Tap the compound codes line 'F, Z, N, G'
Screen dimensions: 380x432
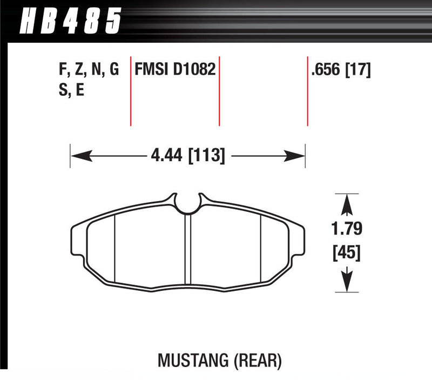click(x=87, y=70)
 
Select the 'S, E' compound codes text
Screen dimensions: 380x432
click(x=70, y=90)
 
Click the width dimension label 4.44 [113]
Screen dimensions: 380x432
click(x=188, y=156)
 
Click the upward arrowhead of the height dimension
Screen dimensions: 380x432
click(x=347, y=204)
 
